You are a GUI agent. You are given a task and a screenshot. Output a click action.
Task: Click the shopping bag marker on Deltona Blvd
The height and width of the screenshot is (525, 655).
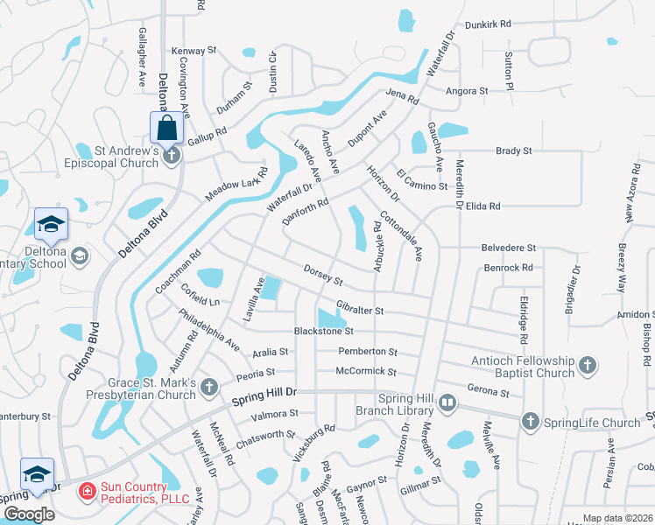[x=166, y=128]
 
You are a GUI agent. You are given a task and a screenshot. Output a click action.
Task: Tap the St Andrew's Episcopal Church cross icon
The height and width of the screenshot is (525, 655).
[x=173, y=157]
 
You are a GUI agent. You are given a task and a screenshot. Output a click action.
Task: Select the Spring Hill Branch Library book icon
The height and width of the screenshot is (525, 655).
[x=447, y=402]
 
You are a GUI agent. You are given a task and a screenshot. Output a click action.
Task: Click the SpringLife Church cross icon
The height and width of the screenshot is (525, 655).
[x=529, y=423]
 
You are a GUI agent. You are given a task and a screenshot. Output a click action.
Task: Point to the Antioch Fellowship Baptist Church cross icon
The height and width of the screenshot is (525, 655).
[x=587, y=364]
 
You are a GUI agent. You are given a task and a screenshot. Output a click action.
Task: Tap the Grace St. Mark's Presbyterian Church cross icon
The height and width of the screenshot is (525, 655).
[x=208, y=386]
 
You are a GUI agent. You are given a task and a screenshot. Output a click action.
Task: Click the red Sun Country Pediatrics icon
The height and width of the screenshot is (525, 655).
[x=87, y=492]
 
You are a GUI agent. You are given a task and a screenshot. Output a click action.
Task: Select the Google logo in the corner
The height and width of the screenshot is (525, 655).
[x=28, y=514]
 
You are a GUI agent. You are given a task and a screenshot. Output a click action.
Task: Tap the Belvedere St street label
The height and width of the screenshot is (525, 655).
[x=507, y=248]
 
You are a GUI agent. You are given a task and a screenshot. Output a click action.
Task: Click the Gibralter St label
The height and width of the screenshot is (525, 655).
[x=360, y=310]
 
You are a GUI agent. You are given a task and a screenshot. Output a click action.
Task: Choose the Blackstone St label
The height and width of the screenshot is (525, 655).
[x=323, y=331]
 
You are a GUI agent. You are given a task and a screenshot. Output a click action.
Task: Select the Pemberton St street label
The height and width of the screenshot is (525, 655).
[x=368, y=351]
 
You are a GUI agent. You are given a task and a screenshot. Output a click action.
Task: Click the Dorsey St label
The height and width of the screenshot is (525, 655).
[x=322, y=275]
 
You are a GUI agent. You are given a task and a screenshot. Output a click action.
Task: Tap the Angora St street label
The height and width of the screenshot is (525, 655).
[x=466, y=90]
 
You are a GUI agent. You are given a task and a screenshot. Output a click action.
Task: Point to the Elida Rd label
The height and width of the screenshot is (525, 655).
[x=482, y=206]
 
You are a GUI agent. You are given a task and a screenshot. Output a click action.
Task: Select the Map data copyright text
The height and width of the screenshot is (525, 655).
[x=617, y=518]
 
